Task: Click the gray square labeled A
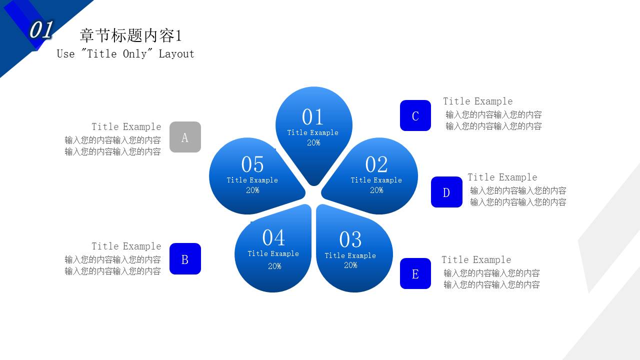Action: coord(185,137)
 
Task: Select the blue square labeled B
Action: coord(185,259)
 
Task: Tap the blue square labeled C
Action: coord(415,115)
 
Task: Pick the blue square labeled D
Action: coord(446,192)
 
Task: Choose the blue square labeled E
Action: coord(415,273)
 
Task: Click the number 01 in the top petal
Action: coord(313,117)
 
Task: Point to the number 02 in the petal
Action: coord(376,164)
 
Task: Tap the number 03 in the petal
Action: coord(350,239)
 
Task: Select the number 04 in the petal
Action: coord(273,237)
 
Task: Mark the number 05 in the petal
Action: coord(252,164)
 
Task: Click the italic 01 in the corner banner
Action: coord(41,30)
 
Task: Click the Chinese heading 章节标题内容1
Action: coord(131,35)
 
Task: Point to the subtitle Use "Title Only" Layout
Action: coord(125,54)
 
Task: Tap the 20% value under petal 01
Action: coord(313,143)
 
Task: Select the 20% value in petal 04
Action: coord(274,266)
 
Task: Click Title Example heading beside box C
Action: coord(477,101)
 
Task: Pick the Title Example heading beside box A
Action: coord(126,127)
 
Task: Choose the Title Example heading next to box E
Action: coord(476,260)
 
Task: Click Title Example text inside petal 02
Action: coord(376,180)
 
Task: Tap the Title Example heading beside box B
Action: coord(126,246)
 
